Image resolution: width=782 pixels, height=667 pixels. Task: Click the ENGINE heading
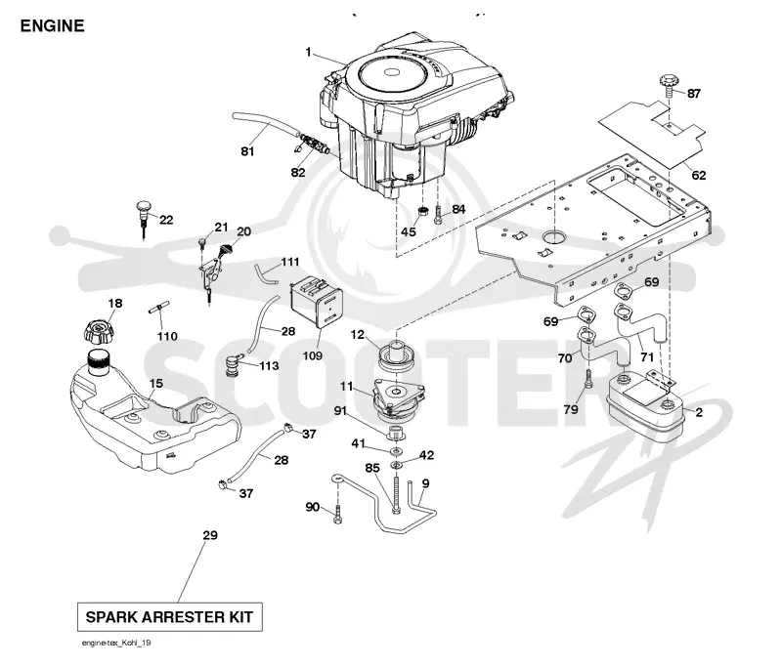coord(52,26)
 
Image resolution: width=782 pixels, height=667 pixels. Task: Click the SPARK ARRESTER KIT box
coord(169,617)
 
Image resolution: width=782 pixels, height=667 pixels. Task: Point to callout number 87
coord(694,94)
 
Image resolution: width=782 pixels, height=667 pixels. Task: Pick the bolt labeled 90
coord(337,514)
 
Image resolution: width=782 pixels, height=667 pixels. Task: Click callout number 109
coord(312,355)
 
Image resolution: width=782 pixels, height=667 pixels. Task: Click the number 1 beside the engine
coord(308,52)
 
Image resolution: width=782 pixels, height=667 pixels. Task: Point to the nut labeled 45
coord(422,212)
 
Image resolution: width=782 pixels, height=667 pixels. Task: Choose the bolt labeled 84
coord(438,215)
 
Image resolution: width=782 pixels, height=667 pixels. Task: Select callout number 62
coord(699,175)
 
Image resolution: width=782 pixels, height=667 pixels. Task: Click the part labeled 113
coord(233,365)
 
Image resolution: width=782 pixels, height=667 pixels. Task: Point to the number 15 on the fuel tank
coord(156,384)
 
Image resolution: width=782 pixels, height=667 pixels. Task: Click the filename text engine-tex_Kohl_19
coord(116,644)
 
